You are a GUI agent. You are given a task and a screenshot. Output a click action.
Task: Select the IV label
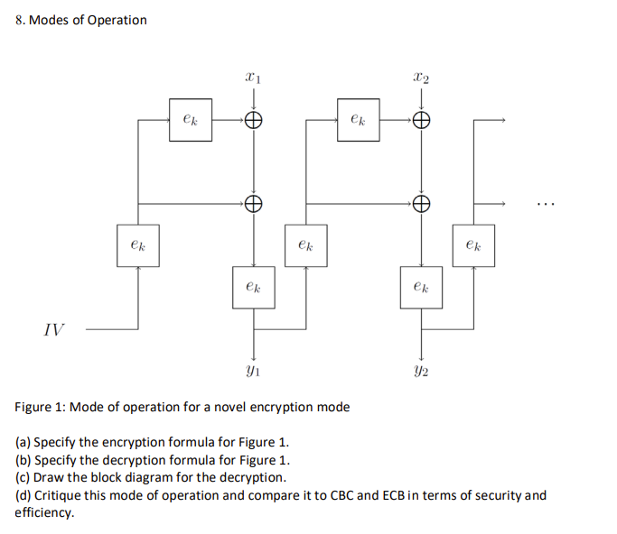[x=54, y=330]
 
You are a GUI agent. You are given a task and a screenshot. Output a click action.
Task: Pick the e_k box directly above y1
[x=254, y=288]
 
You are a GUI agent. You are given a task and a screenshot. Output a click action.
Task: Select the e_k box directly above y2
[x=420, y=288]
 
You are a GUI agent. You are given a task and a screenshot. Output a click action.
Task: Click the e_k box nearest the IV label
[x=137, y=245]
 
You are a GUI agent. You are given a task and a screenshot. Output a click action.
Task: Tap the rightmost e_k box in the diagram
[x=473, y=245]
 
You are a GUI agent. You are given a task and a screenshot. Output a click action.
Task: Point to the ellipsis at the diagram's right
[x=545, y=204]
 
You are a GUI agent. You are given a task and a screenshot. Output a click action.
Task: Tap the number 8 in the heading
[x=19, y=20]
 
